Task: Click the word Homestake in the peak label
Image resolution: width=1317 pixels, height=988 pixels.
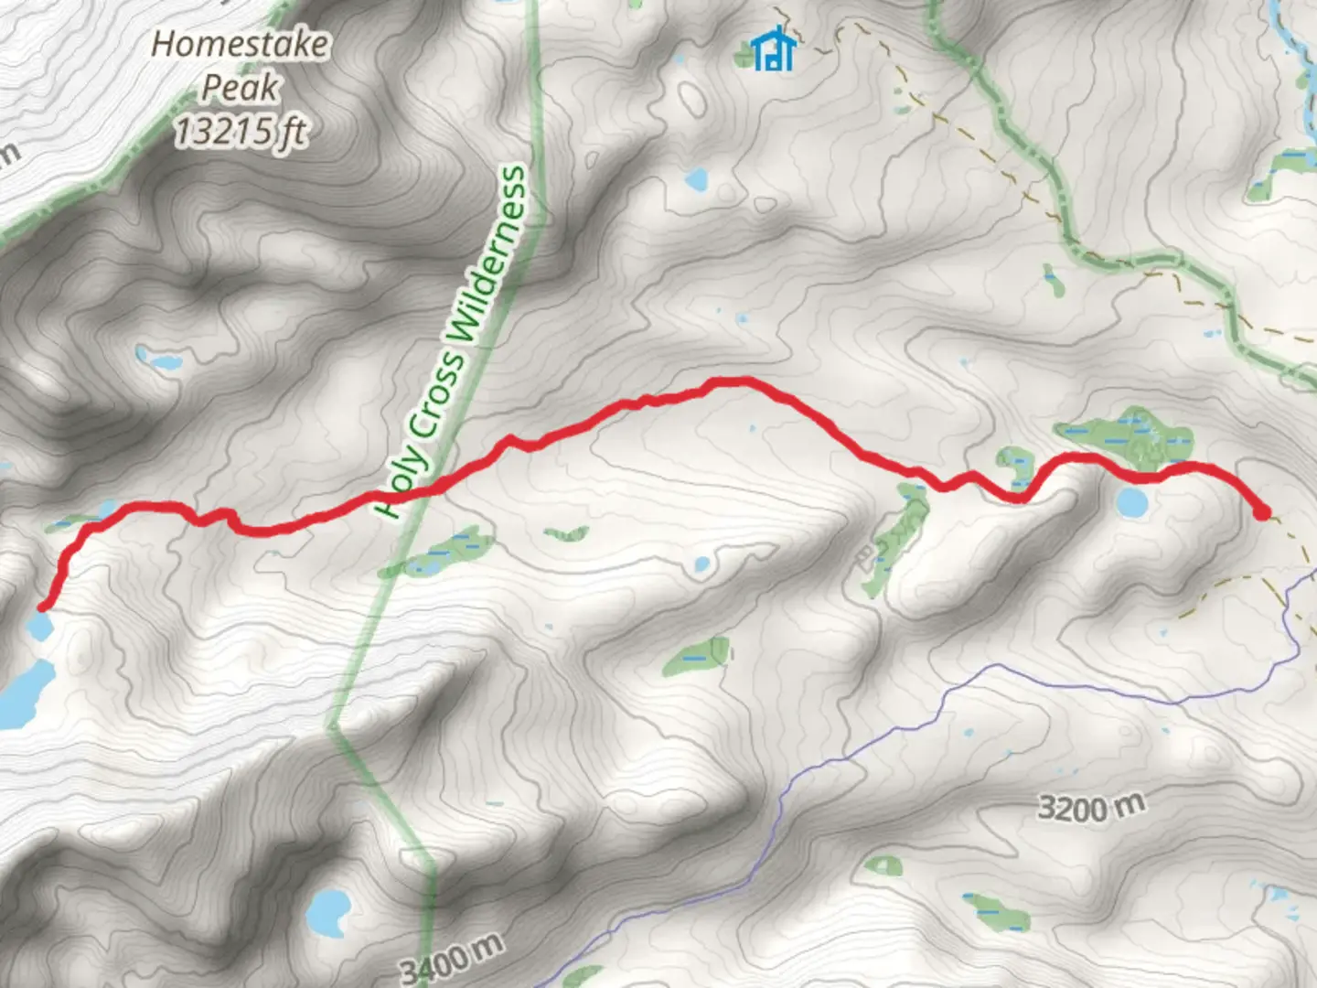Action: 240,44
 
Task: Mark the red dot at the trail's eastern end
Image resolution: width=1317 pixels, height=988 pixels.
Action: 1261,512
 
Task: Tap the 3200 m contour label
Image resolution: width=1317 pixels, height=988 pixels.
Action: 1090,808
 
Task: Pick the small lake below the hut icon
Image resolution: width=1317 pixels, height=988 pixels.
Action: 697,178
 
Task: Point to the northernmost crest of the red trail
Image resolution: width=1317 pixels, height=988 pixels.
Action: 732,381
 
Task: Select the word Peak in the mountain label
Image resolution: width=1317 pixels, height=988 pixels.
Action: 240,88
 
